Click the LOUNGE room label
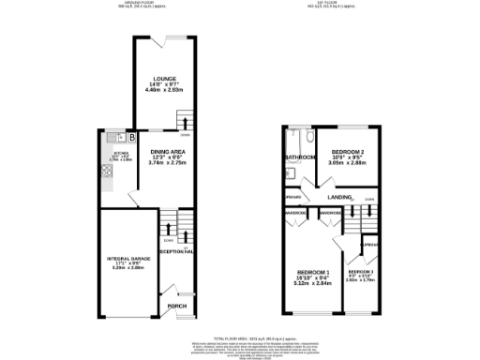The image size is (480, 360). [x=165, y=78]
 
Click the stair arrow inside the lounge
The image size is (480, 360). [x=184, y=123]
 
